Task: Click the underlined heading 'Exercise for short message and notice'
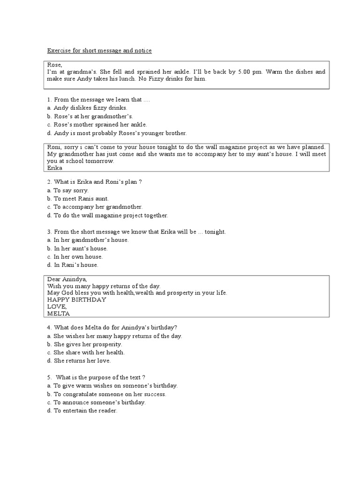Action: [x=99, y=50]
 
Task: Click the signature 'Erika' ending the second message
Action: [x=55, y=168]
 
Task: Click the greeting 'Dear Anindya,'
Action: [x=66, y=279]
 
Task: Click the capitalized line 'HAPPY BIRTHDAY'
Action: [x=77, y=300]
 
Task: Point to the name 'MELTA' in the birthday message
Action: [x=59, y=314]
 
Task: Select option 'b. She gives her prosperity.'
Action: [x=84, y=344]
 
